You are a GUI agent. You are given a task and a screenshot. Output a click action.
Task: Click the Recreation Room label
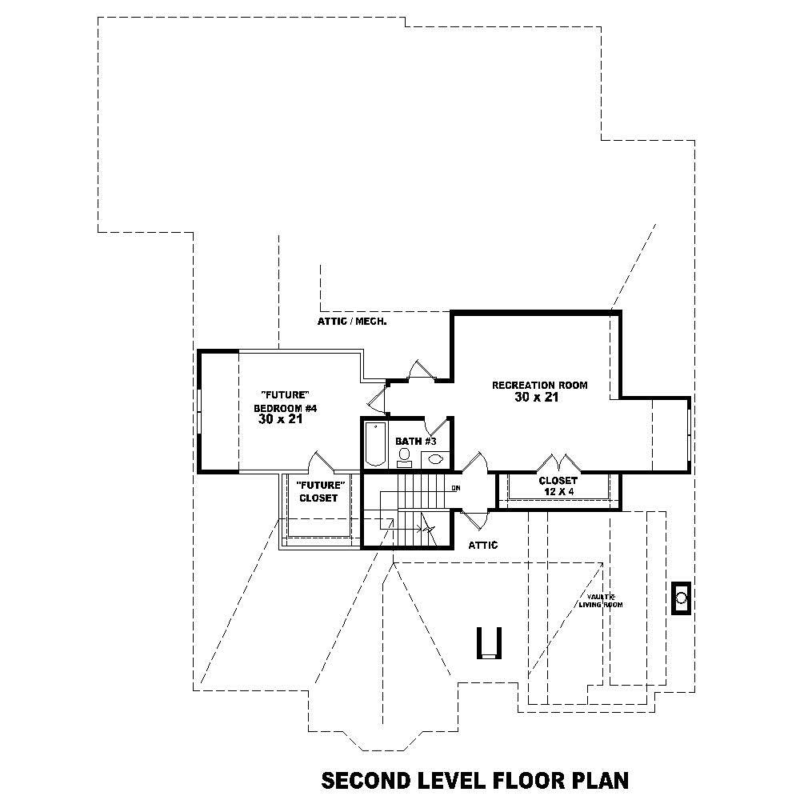(539, 385)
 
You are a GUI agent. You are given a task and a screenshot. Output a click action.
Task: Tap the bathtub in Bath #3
(374, 445)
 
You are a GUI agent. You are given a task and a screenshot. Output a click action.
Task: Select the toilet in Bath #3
(405, 457)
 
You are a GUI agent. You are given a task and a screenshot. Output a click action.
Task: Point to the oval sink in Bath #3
(436, 459)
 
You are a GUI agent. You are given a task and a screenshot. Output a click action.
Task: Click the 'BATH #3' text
(415, 441)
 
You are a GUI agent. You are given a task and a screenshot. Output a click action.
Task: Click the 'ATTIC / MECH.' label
(352, 322)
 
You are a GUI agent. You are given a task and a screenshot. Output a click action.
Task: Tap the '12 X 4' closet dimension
(558, 491)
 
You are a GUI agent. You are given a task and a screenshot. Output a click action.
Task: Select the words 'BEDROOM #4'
(286, 408)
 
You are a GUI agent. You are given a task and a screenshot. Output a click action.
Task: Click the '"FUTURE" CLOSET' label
(318, 491)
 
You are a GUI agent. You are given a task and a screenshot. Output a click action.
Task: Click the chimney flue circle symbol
(682, 597)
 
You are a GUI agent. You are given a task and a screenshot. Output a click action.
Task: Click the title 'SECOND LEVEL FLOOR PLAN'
(474, 780)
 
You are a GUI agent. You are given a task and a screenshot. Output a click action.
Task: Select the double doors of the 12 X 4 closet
(558, 463)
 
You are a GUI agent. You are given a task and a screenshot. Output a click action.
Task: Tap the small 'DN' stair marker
(456, 487)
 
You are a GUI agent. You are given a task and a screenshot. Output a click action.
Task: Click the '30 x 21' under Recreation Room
(536, 398)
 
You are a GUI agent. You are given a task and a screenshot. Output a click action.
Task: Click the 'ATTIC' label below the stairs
(482, 545)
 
